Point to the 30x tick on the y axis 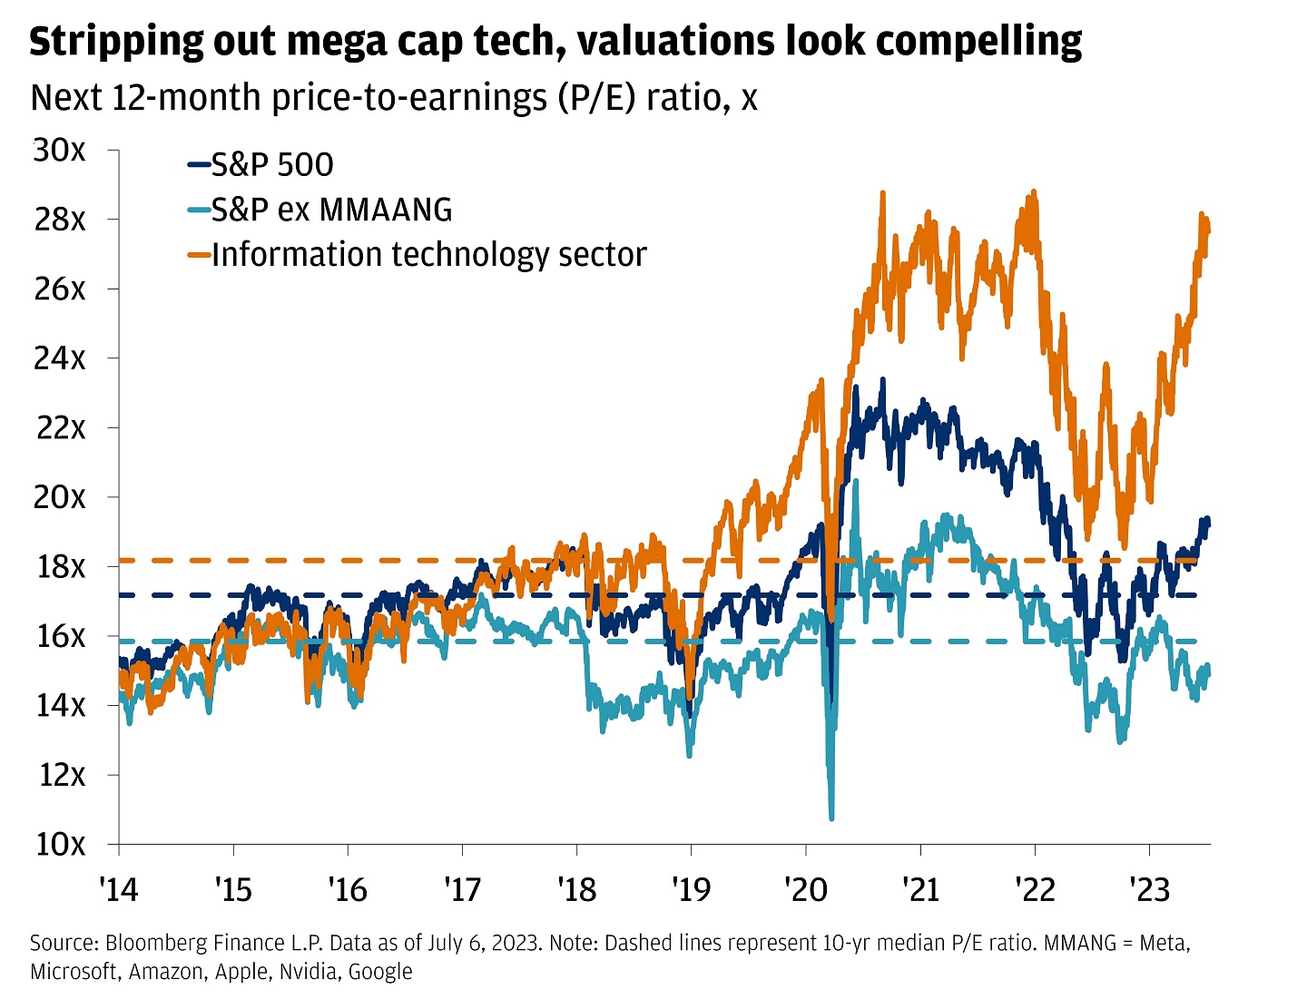pyautogui.click(x=60, y=150)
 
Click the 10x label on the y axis pyautogui.click(x=60, y=844)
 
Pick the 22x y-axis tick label pyautogui.click(x=60, y=427)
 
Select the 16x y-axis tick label pyautogui.click(x=60, y=636)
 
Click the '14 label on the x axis pyautogui.click(x=118, y=890)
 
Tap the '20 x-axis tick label pyautogui.click(x=806, y=890)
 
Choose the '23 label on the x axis pyautogui.click(x=1149, y=890)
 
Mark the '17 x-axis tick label pyautogui.click(x=462, y=890)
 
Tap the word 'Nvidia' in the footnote pyautogui.click(x=306, y=972)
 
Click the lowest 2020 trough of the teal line pyautogui.click(x=831, y=818)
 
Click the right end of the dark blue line pyautogui.click(x=1208, y=522)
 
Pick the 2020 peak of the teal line pyautogui.click(x=855, y=481)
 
